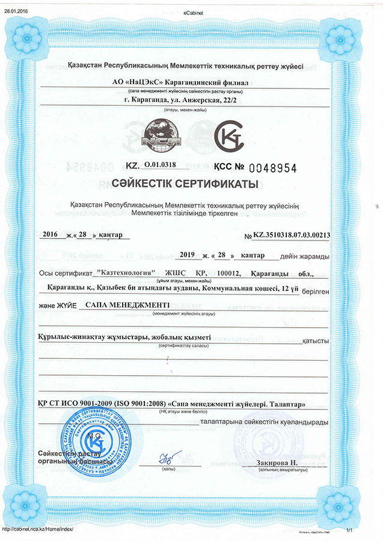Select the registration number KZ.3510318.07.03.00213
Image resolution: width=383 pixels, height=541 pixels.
292,236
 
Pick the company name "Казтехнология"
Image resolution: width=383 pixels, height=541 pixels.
130,273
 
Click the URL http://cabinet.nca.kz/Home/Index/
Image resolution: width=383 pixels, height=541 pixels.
37,529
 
